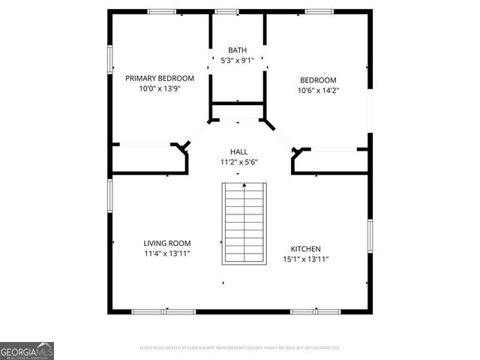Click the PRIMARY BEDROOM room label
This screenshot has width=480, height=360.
click(x=159, y=78)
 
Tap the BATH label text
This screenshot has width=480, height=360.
click(x=237, y=50)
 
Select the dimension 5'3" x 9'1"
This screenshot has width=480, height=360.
click(x=237, y=60)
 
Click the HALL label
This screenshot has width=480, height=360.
click(x=238, y=151)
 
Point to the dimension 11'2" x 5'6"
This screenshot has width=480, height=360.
click(x=238, y=161)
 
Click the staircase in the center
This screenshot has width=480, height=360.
click(x=244, y=223)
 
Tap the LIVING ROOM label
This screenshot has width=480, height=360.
click(x=166, y=243)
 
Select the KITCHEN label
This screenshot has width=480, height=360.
click(x=306, y=249)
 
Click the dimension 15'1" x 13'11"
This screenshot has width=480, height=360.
click(x=306, y=259)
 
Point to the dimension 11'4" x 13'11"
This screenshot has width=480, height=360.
click(x=166, y=253)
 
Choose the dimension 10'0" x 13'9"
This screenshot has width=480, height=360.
click(x=159, y=88)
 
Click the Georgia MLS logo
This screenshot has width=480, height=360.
click(x=27, y=351)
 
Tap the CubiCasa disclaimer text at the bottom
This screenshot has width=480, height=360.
click(x=240, y=348)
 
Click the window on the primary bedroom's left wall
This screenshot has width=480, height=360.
click(x=109, y=58)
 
